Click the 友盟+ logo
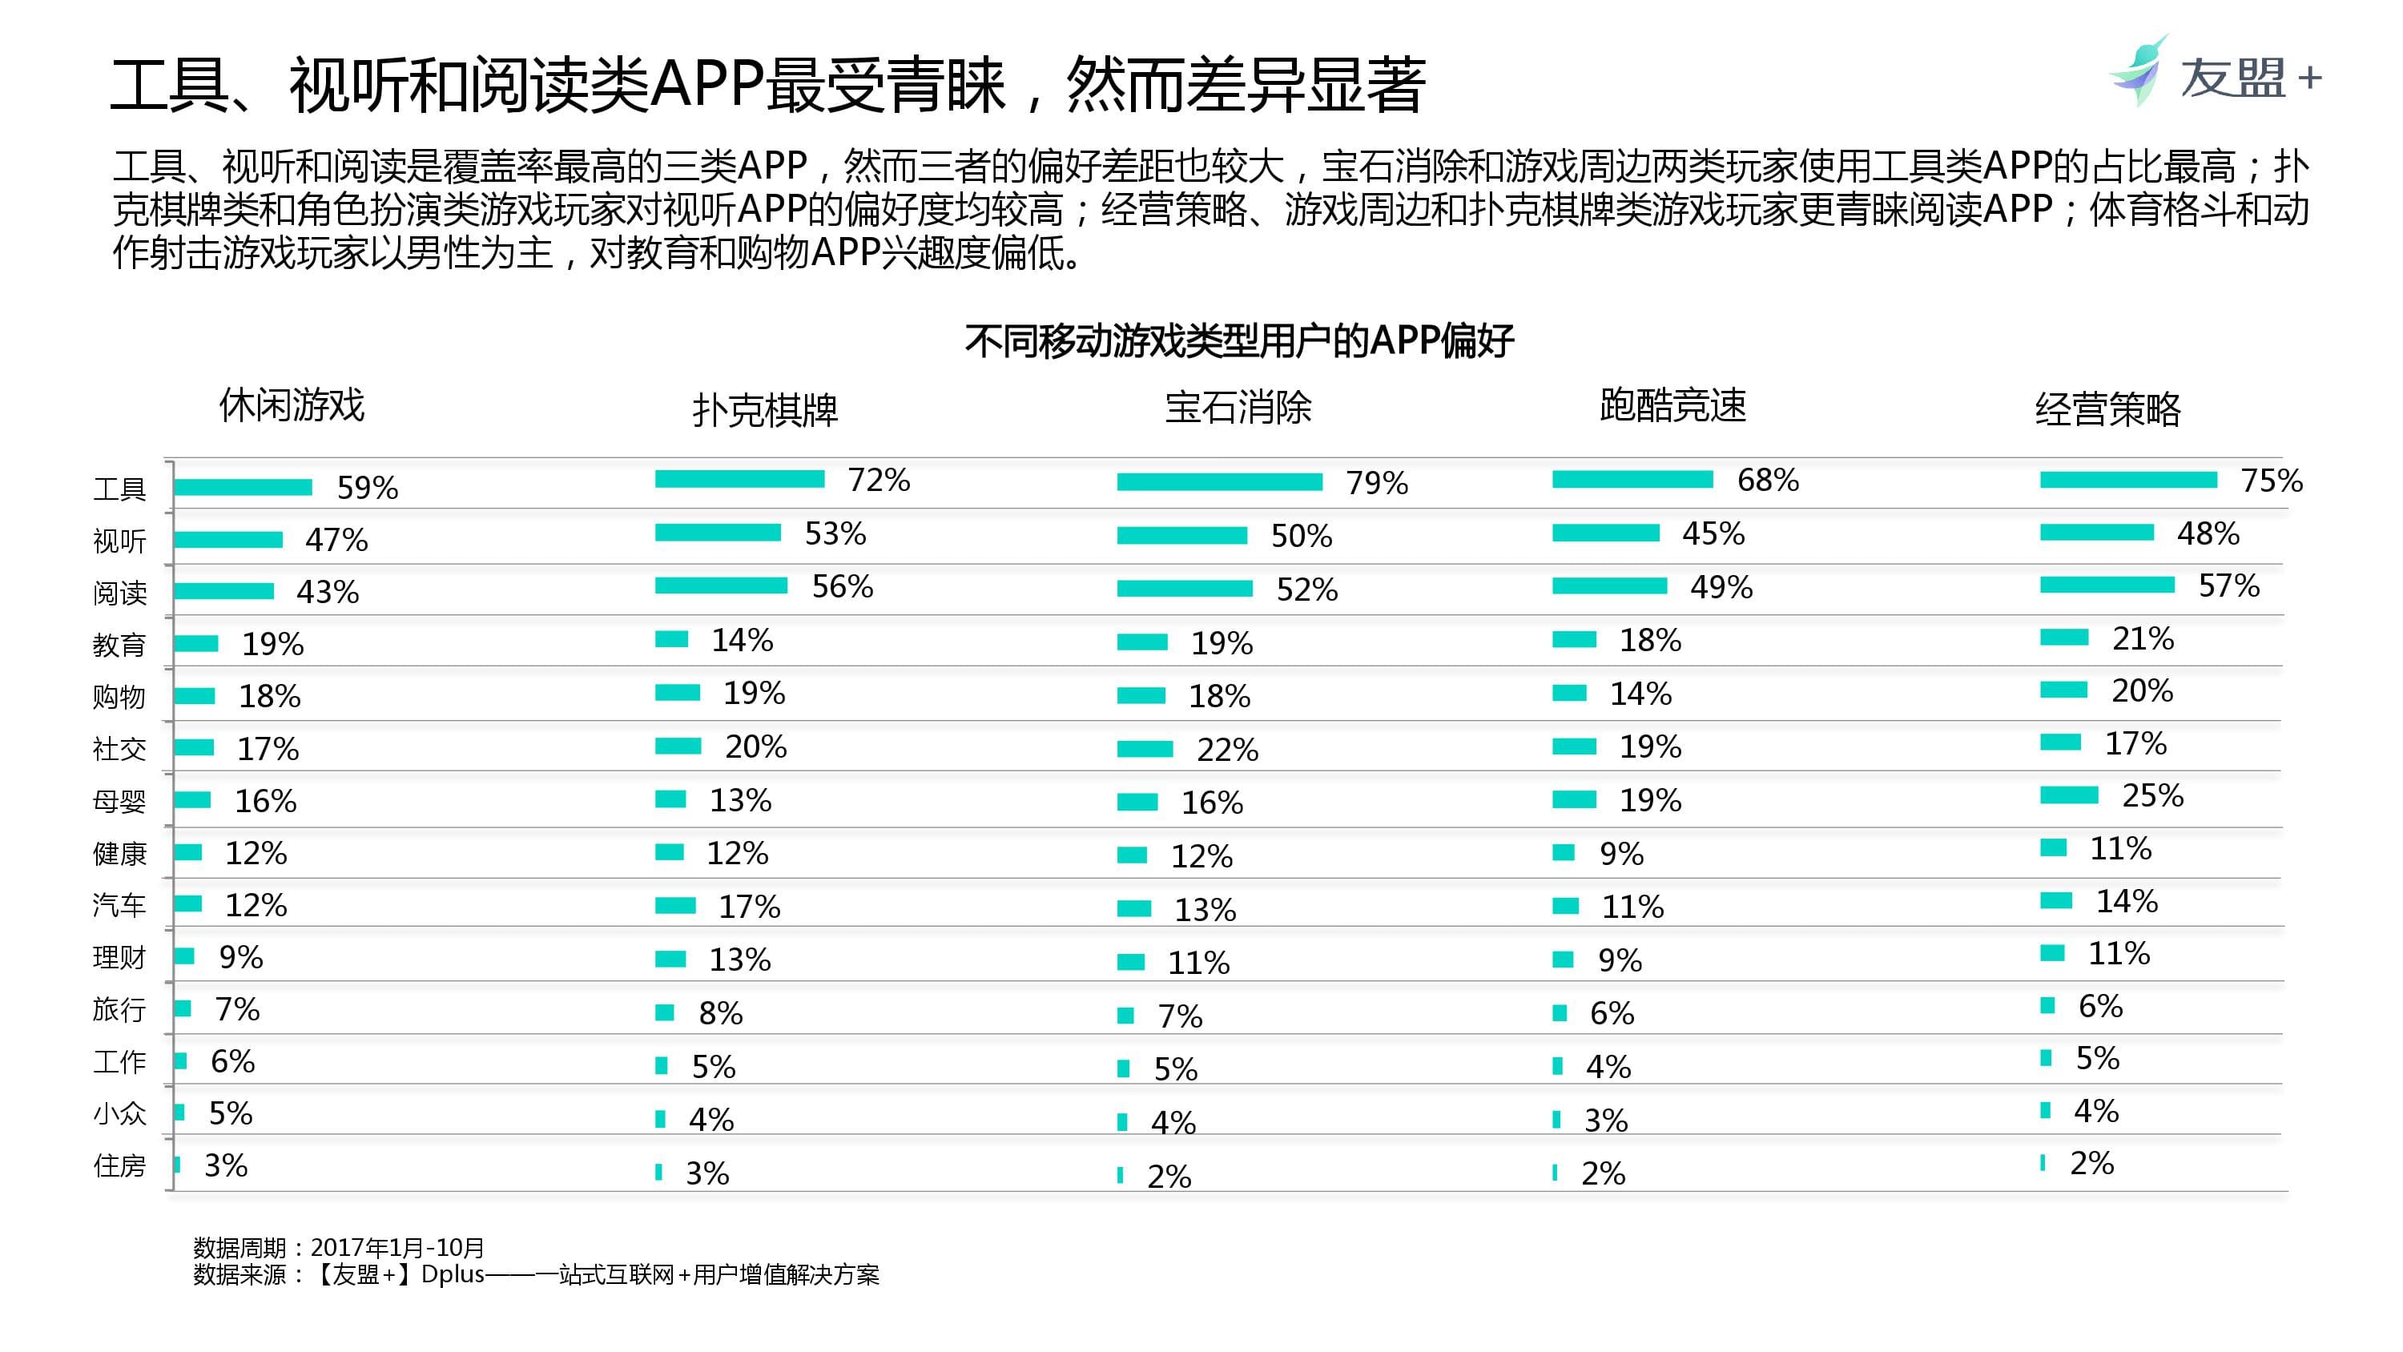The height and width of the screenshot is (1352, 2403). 2215,74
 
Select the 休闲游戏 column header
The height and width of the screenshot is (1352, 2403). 292,406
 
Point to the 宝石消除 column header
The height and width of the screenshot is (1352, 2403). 1238,408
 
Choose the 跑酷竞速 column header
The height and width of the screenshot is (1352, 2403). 1672,406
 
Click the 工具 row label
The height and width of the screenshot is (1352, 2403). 119,488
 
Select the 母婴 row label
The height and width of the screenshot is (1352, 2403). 119,802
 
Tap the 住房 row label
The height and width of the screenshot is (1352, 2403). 119,1165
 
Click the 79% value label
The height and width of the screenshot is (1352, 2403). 1377,483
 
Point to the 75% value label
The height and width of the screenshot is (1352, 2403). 2272,481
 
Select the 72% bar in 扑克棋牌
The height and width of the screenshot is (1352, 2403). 740,480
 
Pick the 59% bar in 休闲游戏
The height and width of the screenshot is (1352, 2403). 243,487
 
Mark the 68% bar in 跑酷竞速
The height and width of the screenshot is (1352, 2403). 1632,480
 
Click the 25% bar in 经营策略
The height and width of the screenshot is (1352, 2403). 2069,796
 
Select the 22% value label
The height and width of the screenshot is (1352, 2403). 1228,749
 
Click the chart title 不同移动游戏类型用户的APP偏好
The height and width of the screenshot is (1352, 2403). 1239,341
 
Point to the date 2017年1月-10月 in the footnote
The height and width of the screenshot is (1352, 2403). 397,1248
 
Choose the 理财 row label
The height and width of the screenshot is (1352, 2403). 119,957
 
